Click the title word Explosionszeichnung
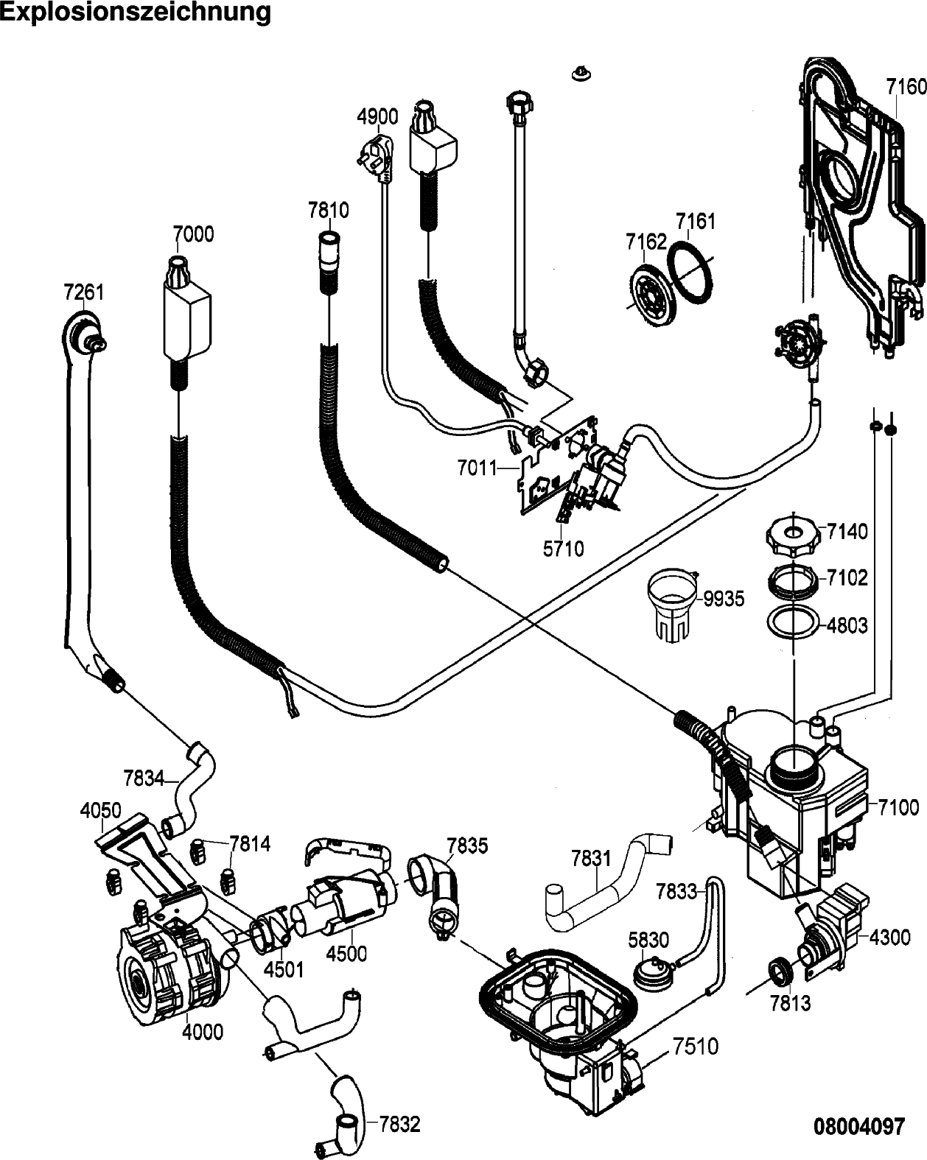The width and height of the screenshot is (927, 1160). [x=136, y=13]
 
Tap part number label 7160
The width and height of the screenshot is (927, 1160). [x=906, y=87]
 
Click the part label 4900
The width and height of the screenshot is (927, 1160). [x=377, y=116]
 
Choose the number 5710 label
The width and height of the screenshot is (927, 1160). [x=563, y=549]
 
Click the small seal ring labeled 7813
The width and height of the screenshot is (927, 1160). [x=780, y=972]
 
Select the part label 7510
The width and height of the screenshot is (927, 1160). [x=695, y=1046]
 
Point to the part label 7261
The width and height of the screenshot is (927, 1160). [x=83, y=292]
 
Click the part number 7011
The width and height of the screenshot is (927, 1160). [x=477, y=467]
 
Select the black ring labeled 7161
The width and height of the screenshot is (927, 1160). [x=690, y=274]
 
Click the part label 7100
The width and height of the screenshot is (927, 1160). [x=898, y=807]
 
